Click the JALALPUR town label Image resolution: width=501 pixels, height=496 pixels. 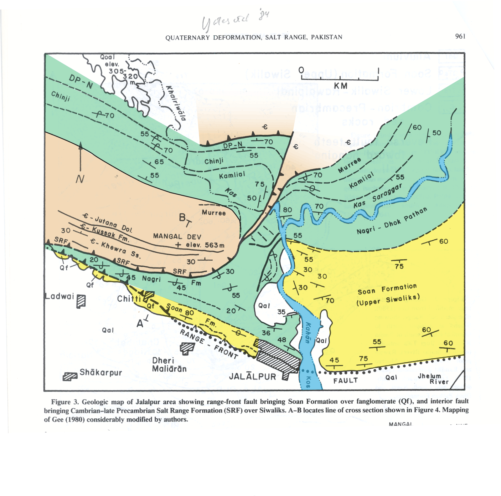coord(252,376)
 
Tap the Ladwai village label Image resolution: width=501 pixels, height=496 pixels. coord(60,296)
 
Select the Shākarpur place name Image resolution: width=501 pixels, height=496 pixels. coord(101,372)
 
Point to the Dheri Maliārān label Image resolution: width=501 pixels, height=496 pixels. coord(169,365)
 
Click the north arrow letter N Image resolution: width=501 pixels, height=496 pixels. coord(80,179)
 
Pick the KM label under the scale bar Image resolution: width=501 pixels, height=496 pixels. coord(340,86)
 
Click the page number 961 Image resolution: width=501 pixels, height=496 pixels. coord(460,36)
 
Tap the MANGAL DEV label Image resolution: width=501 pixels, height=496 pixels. coord(177,236)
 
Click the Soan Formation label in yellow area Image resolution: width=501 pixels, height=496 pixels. coord(387,289)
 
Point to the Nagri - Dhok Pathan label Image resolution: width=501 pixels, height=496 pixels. coord(392,221)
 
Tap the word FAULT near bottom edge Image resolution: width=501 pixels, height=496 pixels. coord(345,381)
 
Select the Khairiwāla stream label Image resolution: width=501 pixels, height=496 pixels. coord(176,103)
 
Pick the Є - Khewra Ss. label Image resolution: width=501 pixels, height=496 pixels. coord(115,248)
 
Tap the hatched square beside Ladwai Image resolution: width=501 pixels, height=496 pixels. coord(81,301)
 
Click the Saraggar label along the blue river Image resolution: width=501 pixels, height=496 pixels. coord(387,193)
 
